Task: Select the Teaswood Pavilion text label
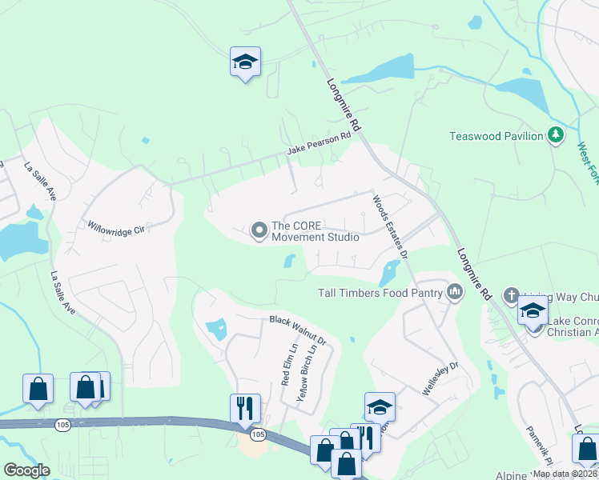click(x=496, y=136)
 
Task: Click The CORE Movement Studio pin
click(x=259, y=231)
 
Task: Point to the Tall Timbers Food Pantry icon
click(x=456, y=292)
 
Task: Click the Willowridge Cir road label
click(x=115, y=229)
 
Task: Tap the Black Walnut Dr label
click(x=298, y=330)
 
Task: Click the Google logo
click(x=26, y=470)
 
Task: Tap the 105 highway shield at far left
click(x=62, y=425)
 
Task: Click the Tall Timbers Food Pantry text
click(x=380, y=293)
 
